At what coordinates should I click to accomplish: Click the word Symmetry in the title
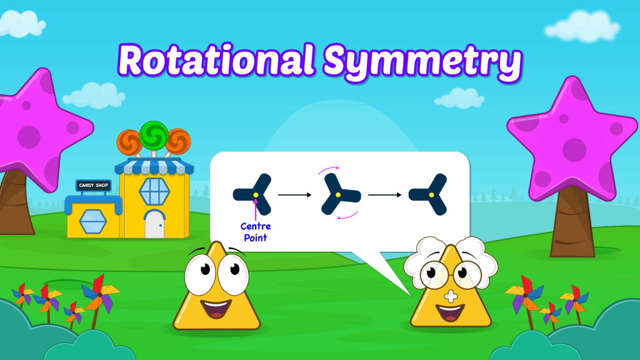click(x=423, y=64)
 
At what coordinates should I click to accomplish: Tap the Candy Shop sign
click(x=94, y=185)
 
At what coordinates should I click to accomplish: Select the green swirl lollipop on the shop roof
click(x=154, y=135)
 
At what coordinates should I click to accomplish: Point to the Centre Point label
click(x=256, y=232)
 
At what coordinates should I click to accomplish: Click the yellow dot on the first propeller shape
click(x=256, y=195)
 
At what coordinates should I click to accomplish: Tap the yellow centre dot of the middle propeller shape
click(x=338, y=195)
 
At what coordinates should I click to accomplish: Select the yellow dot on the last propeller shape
click(x=431, y=195)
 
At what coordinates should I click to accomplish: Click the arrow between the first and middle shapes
click(x=295, y=195)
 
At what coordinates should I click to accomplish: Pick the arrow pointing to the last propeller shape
click(x=384, y=195)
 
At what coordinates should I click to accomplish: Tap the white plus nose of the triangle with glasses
click(x=451, y=296)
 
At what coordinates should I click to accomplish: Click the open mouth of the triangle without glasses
click(x=216, y=309)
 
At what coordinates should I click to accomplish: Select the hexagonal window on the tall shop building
click(x=155, y=191)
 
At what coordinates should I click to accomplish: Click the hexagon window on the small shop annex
click(x=93, y=221)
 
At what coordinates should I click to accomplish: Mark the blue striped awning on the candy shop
click(x=154, y=166)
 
